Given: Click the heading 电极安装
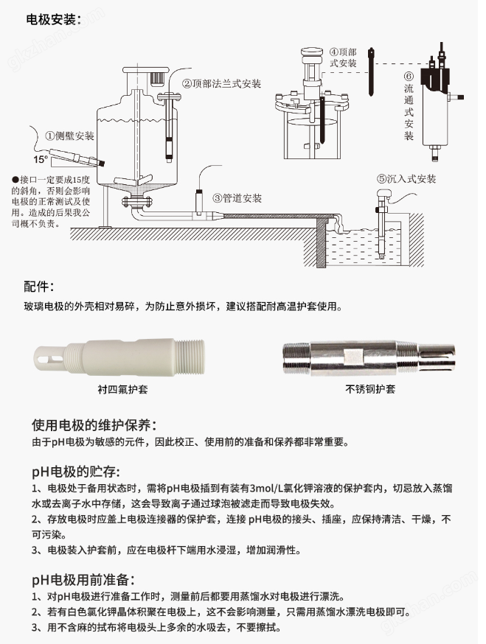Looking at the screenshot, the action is [x=51, y=19].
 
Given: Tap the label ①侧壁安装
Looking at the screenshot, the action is [x=69, y=136].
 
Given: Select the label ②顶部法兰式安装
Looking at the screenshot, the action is [x=222, y=84].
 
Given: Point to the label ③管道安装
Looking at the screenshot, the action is [x=237, y=198].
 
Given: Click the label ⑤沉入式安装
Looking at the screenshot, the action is [x=406, y=178].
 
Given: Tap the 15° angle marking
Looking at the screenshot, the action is [x=41, y=159].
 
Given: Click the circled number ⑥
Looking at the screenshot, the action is [x=409, y=76].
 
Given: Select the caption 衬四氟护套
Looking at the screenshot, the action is [x=122, y=389].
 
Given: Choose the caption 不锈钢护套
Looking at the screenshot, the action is [x=370, y=389].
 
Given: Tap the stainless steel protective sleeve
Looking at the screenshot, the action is [x=369, y=357].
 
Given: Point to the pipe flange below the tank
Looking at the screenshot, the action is [x=137, y=202].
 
